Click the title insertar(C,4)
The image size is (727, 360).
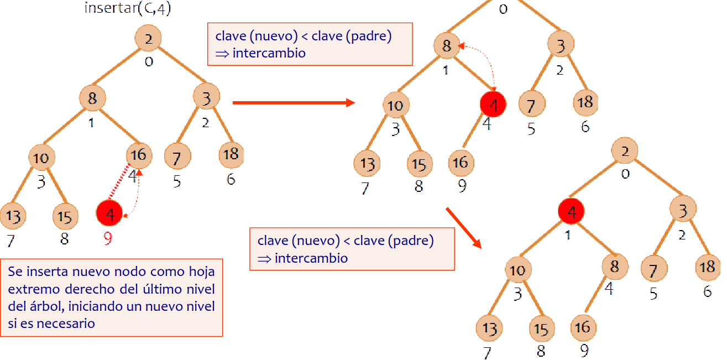[127, 9]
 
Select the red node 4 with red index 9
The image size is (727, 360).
[109, 213]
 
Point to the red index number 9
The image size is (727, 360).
[108, 239]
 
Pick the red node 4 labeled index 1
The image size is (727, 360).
[572, 211]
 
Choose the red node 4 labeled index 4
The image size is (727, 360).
[493, 105]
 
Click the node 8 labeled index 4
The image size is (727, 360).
[614, 266]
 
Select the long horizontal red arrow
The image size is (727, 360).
[293, 102]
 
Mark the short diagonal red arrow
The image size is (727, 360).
[463, 227]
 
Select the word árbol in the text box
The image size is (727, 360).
[53, 306]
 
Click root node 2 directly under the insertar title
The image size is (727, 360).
[148, 38]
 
